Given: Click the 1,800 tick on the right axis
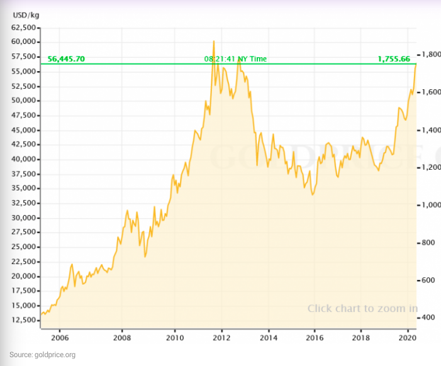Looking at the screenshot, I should point(432,55).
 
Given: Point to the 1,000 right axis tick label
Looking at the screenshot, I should point(432,205).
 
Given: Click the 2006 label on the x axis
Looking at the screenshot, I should point(60,336).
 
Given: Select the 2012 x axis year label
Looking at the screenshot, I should point(221,336).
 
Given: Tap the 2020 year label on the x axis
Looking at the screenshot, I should point(407,336).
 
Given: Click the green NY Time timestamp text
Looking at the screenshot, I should point(235,59).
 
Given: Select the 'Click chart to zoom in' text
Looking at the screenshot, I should point(362,308).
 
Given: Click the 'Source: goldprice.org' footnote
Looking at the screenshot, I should point(42,355).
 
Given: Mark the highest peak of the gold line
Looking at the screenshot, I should point(214,41).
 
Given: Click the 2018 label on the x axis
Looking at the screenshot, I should point(360,336).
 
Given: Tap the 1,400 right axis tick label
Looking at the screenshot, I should point(432,130).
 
